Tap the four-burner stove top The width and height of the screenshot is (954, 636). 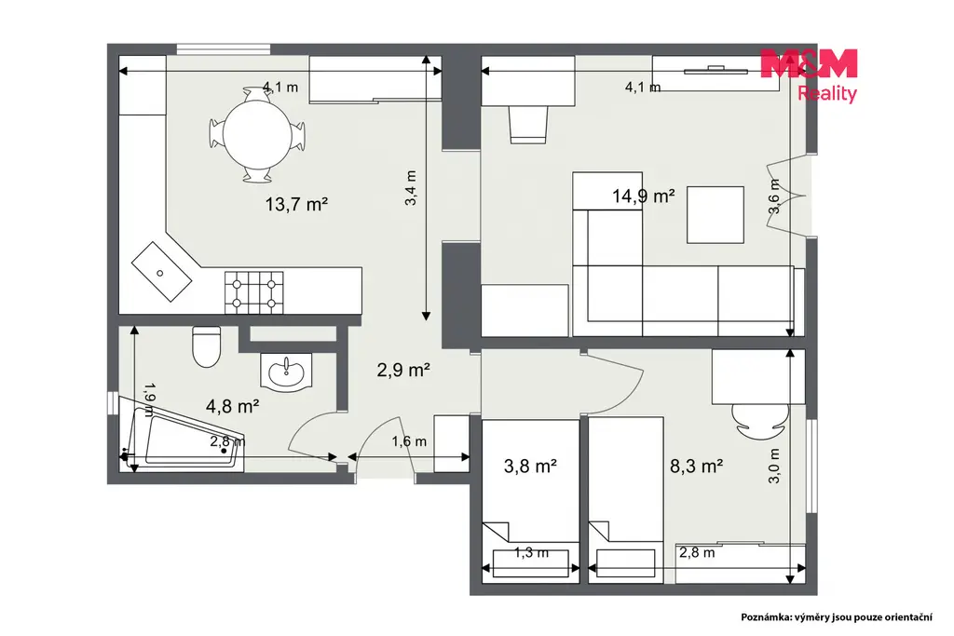coord(254,292)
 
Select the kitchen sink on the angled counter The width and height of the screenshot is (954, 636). coord(162,272)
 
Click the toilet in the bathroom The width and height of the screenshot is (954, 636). coord(206,346)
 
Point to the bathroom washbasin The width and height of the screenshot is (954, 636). coord(286,371)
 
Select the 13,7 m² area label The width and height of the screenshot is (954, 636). coord(296,204)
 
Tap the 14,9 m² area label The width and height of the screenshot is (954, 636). coord(643,196)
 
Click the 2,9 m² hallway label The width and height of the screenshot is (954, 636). coord(403,369)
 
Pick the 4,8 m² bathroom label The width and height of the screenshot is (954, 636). coord(233,405)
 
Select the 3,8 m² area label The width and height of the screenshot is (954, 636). coord(530,466)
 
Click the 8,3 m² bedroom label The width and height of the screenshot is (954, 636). coord(696,466)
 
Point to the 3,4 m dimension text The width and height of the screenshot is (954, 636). coord(411,187)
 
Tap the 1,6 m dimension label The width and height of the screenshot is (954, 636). coord(409,441)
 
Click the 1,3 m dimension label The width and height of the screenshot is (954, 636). coord(532,553)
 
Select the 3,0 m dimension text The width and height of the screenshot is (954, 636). coord(774,466)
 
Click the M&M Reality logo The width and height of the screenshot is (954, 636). coord(810,75)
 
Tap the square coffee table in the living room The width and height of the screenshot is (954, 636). coord(715,214)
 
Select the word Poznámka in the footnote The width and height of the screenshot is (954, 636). coord(766,617)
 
